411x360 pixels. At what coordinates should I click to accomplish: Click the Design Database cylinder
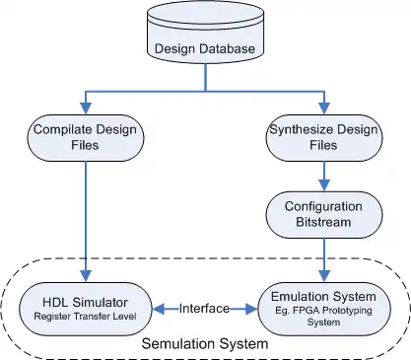205,32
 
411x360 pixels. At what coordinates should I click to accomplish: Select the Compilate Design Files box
86,138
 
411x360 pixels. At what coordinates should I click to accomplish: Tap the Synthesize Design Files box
324,138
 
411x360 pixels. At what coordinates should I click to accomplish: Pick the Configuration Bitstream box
324,215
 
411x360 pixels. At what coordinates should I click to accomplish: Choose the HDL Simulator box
86,309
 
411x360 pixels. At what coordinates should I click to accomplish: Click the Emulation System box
324,309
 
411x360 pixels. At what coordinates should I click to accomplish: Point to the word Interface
204,309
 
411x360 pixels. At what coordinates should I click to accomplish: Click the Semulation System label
205,344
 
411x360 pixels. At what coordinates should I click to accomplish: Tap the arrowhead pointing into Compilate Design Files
86,108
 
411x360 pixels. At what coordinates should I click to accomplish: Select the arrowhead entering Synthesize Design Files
324,108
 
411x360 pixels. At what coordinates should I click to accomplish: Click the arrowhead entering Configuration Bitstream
324,185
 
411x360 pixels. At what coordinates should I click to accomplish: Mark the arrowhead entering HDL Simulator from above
86,276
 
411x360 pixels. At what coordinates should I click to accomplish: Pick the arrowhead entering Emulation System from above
324,276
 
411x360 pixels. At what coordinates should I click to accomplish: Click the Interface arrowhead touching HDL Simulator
159,309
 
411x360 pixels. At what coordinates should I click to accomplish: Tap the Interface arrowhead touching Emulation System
251,309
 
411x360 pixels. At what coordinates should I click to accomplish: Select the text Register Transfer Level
85,317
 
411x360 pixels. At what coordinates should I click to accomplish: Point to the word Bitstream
323,222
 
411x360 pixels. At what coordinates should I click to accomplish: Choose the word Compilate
58,130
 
